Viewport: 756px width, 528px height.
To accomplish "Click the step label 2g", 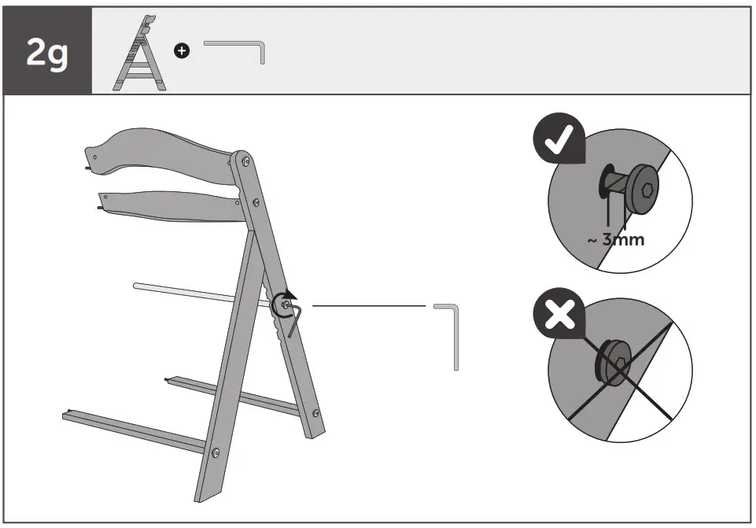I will pos(47,52).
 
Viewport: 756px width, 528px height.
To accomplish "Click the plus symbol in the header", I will pos(182,51).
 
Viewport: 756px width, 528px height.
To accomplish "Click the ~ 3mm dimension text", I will pos(616,239).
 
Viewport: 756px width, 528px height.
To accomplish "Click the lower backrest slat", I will pos(169,205).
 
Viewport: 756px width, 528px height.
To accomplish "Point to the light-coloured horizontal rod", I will pos(197,292).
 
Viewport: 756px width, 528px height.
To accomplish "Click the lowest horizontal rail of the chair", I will pos(134,430).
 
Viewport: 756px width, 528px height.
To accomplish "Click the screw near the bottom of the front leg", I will pos(216,452).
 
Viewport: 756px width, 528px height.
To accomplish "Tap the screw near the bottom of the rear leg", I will pos(315,412).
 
